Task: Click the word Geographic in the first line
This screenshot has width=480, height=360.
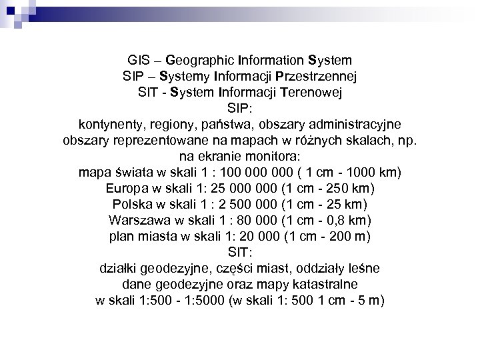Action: pos(197,60)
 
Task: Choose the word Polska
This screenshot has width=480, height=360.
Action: pos(131,204)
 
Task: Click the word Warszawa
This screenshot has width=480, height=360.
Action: pos(136,220)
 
